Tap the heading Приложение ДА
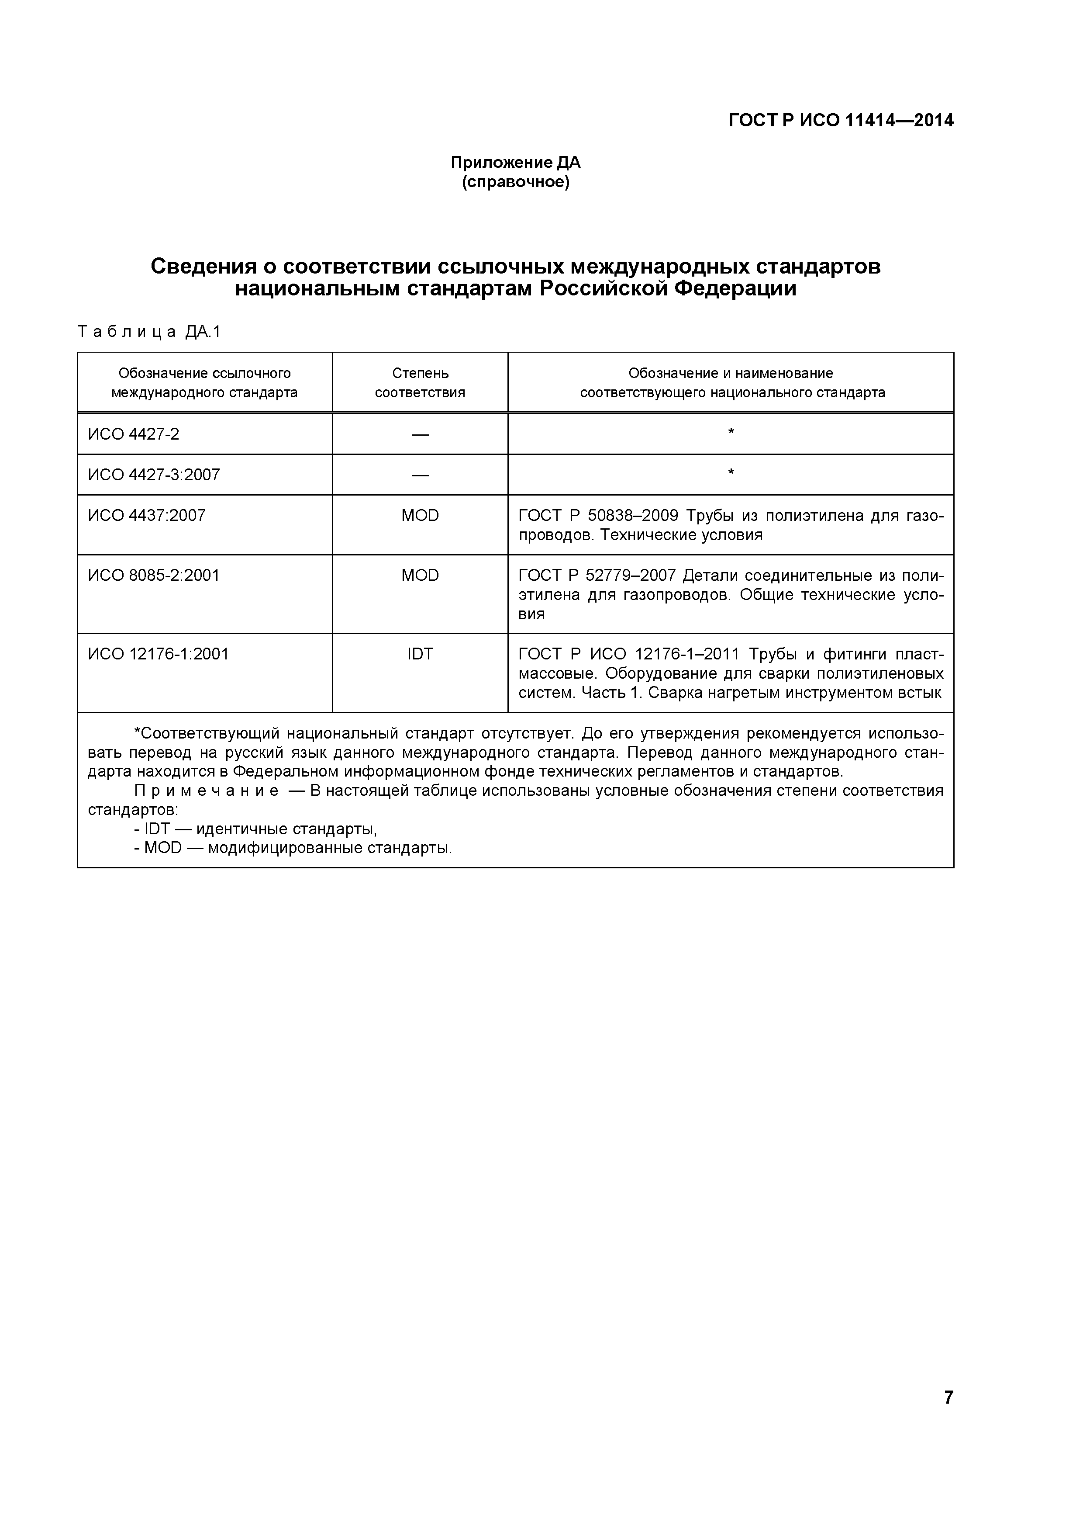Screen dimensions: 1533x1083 pyautogui.click(x=516, y=162)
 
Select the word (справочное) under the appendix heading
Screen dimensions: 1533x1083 pyautogui.click(x=516, y=182)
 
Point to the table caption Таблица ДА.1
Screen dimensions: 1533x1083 pyautogui.click(x=149, y=332)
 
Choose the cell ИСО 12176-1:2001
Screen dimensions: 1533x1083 pyautogui.click(x=158, y=654)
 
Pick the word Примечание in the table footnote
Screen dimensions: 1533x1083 pyautogui.click(x=207, y=791)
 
